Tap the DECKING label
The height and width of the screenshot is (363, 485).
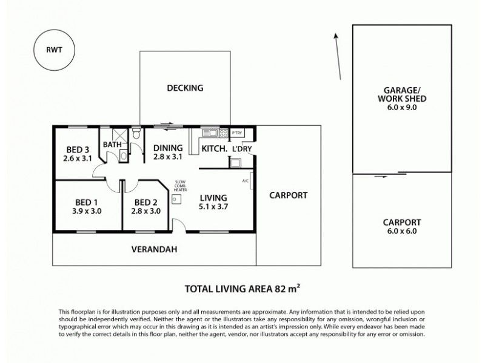tap(185, 88)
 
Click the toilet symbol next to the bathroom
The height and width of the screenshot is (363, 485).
tap(136, 133)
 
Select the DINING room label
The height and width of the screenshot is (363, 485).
tap(167, 148)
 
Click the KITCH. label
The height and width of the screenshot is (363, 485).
tap(214, 148)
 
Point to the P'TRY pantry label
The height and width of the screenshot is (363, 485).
tap(237, 133)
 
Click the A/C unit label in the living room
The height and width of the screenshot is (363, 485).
tap(244, 180)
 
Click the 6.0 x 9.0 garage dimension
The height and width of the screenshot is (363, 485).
tap(401, 107)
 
